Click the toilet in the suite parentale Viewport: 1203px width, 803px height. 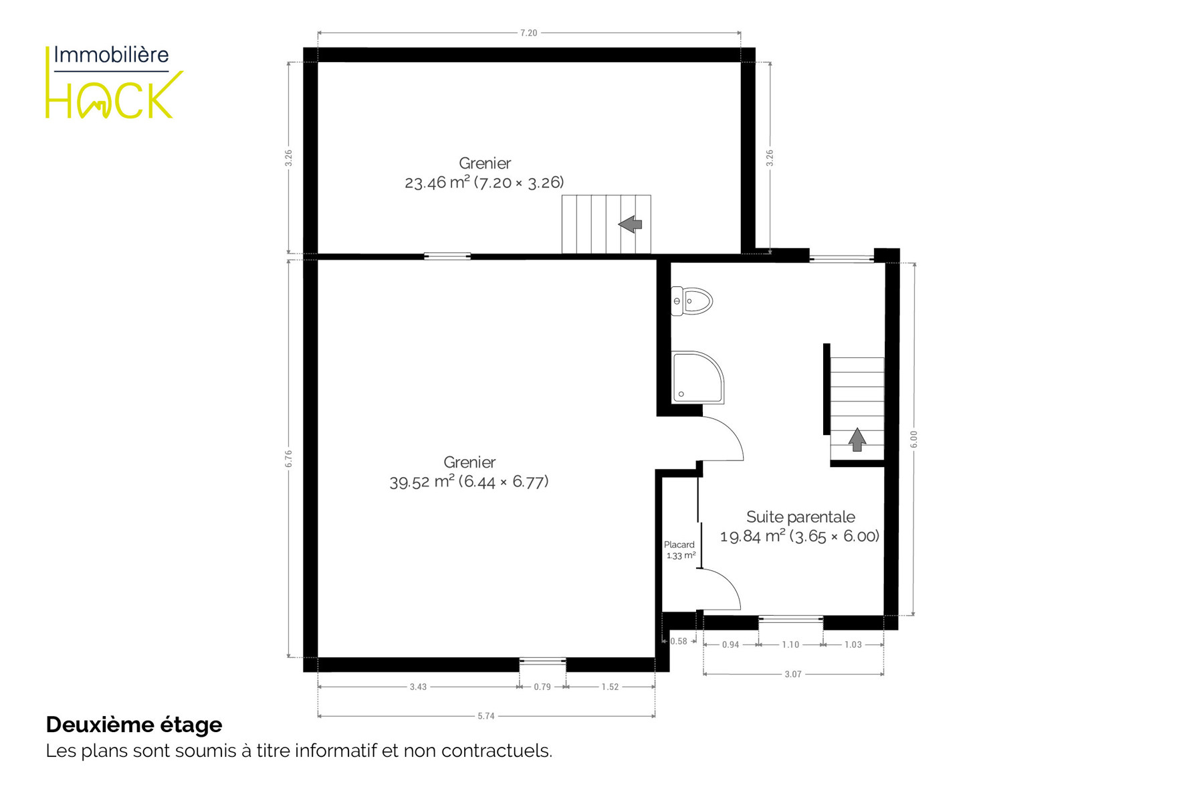(691, 301)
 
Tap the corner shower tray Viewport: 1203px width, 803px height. (697, 377)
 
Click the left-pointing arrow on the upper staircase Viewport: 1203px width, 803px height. (630, 224)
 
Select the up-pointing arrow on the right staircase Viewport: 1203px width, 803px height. (857, 440)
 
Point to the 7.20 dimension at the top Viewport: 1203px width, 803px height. (528, 33)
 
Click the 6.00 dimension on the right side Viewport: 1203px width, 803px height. (913, 439)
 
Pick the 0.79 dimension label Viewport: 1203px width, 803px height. (542, 687)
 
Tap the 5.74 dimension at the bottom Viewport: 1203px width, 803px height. (486, 716)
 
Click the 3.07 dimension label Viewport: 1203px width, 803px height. (792, 675)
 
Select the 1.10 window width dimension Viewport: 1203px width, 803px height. (790, 644)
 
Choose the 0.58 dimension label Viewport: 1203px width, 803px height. (679, 641)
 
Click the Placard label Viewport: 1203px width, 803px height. (679, 545)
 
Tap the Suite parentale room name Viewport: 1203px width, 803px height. (800, 517)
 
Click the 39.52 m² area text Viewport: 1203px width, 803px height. (422, 482)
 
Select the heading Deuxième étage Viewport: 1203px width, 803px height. (134, 725)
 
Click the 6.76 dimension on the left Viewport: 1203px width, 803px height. (288, 458)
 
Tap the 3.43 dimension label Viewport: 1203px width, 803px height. (418, 687)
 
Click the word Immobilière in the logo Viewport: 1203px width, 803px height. (111, 55)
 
